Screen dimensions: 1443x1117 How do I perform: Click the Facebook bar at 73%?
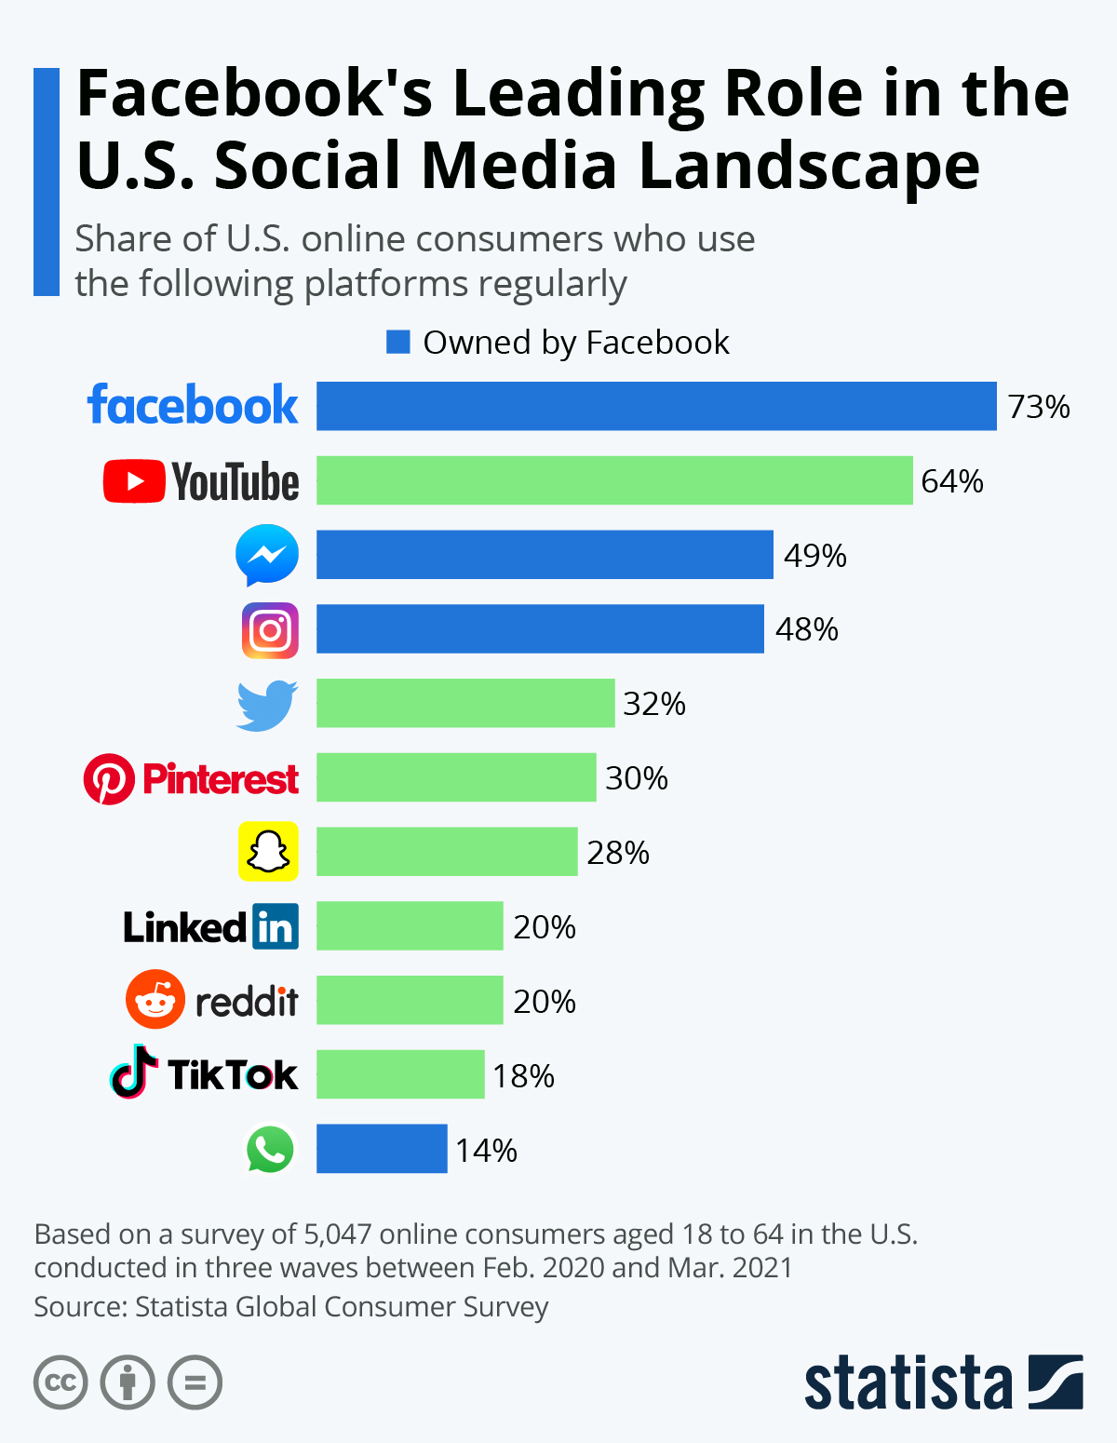656,406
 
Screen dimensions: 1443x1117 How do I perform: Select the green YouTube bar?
614,480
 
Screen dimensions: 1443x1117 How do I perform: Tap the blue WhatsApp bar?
382,1149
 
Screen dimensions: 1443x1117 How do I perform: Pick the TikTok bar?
400,1074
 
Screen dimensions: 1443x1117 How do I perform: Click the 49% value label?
814,556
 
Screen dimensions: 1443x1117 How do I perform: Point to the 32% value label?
654,704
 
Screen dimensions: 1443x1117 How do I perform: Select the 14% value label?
486,1151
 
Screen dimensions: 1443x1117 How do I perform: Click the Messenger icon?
267,555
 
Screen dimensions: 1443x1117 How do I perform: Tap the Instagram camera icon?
270,630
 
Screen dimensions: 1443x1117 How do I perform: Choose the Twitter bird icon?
267,705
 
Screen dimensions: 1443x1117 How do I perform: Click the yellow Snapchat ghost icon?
268,851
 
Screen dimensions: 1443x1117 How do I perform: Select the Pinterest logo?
192,779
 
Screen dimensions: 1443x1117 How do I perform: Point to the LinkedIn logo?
211,926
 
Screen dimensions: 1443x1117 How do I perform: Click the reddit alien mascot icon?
155,1000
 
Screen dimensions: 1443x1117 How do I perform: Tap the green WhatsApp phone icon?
270,1149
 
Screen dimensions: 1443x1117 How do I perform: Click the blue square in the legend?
398,343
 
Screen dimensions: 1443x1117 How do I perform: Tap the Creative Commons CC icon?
61,1382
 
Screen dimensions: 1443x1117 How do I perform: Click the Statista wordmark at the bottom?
908,1383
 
